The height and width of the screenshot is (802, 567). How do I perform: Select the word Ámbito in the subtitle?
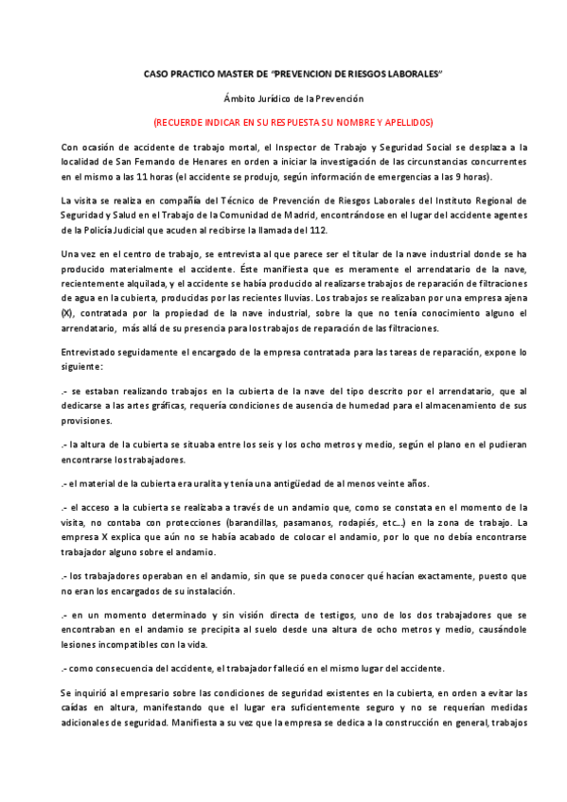click(x=239, y=98)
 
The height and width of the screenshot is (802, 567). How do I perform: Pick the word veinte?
click(x=386, y=483)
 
